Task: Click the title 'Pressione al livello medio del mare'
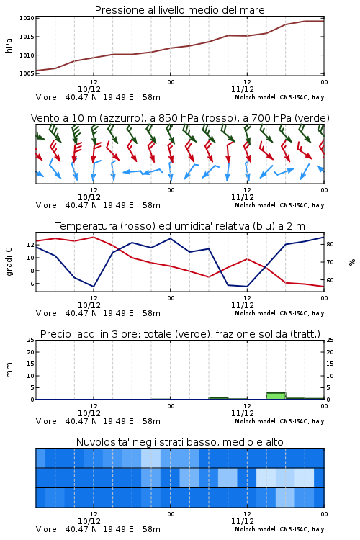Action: [180, 10]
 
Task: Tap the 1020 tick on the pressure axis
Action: [27, 18]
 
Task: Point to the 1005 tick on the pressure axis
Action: [27, 73]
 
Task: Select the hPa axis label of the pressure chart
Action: [9, 45]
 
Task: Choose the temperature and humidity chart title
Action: [180, 226]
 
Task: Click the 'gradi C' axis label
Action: [9, 262]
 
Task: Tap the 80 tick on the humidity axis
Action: [330, 244]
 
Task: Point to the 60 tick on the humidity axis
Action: [330, 280]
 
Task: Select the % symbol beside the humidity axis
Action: [352, 262]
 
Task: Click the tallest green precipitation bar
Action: [276, 396]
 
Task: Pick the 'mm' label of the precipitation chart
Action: [9, 370]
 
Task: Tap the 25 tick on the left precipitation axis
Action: [31, 340]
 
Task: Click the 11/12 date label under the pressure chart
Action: [243, 89]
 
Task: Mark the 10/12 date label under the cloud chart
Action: [89, 521]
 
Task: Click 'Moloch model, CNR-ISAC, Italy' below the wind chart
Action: [279, 205]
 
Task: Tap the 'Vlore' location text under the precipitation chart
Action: [46, 421]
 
